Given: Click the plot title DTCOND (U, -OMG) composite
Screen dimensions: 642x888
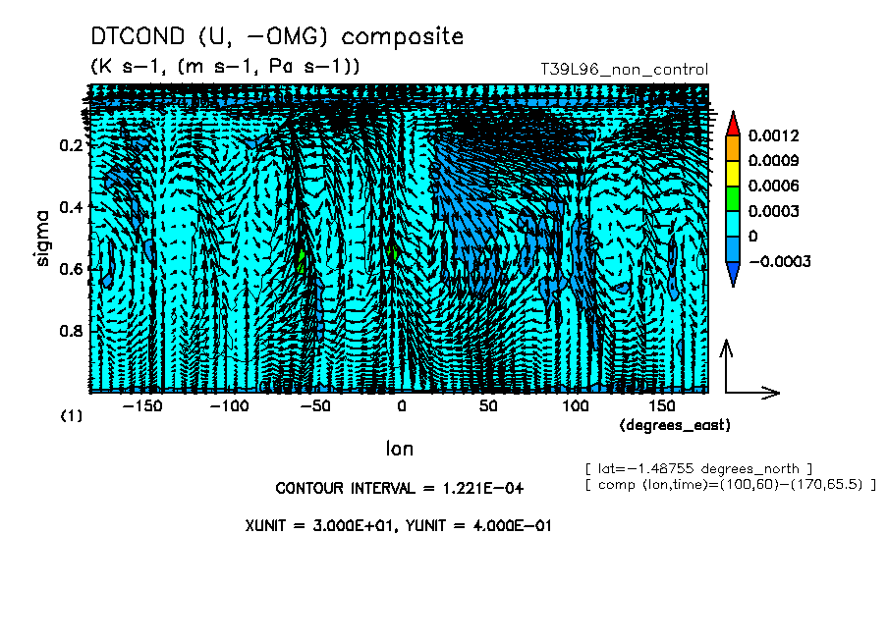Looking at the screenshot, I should point(276,37).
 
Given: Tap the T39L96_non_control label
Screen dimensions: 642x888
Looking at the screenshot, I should point(624,70).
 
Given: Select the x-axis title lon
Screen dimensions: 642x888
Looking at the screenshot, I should point(399,449).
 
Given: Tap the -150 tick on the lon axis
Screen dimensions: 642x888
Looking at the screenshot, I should point(143,406).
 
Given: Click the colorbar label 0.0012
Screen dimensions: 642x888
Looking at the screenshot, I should point(773,134).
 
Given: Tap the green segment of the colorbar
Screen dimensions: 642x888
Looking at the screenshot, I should point(732,198).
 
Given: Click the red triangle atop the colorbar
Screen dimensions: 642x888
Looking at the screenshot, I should point(732,123).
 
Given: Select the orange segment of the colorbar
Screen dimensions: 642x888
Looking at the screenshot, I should point(732,147).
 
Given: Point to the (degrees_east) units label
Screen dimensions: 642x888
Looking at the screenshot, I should point(675,425).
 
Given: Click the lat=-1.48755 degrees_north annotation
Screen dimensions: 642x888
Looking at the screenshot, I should point(698,468).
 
